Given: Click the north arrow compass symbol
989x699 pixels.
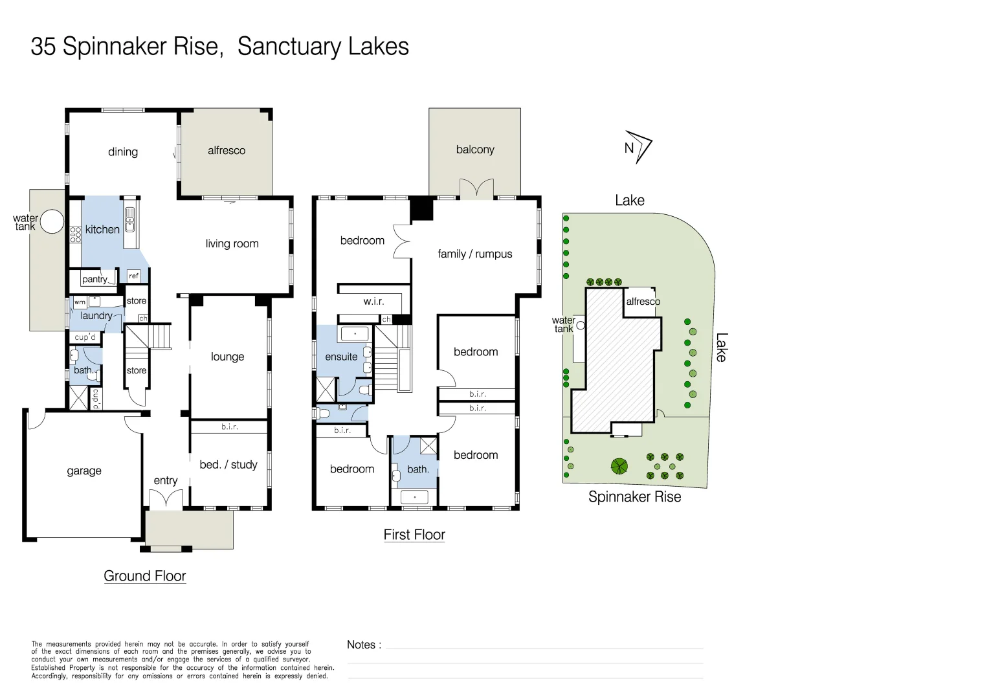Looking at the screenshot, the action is [639, 147].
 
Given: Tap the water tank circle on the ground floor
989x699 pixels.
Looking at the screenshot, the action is [52, 222].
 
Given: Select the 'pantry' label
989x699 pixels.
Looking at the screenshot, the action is [94, 280].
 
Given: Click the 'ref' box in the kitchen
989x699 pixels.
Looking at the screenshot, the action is [133, 276].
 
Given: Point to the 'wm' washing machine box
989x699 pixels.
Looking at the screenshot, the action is [80, 302].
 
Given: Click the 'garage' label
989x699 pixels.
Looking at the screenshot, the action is [84, 471].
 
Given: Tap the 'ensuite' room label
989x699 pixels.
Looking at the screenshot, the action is [341, 357].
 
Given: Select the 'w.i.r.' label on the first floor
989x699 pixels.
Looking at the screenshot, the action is [373, 301].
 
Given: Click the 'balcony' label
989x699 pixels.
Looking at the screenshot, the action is [475, 150].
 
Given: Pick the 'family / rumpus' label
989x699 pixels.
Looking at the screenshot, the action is [474, 254].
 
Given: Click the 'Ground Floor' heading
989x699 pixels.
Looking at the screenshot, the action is [145, 576].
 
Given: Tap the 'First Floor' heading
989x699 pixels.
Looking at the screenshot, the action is [414, 535].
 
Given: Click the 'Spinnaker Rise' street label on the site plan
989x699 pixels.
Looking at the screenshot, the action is [634, 496].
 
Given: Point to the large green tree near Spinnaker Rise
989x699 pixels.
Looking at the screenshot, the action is [619, 465].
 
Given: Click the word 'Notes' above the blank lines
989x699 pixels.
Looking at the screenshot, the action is [361, 645].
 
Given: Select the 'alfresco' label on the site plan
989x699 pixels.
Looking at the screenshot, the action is [643, 302].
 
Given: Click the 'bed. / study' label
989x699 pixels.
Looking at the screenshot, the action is [228, 465].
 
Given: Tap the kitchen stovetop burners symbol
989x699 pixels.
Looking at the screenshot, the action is [76, 234].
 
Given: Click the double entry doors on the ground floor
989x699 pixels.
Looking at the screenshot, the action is [166, 499].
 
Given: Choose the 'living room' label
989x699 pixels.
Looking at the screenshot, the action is [232, 244].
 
